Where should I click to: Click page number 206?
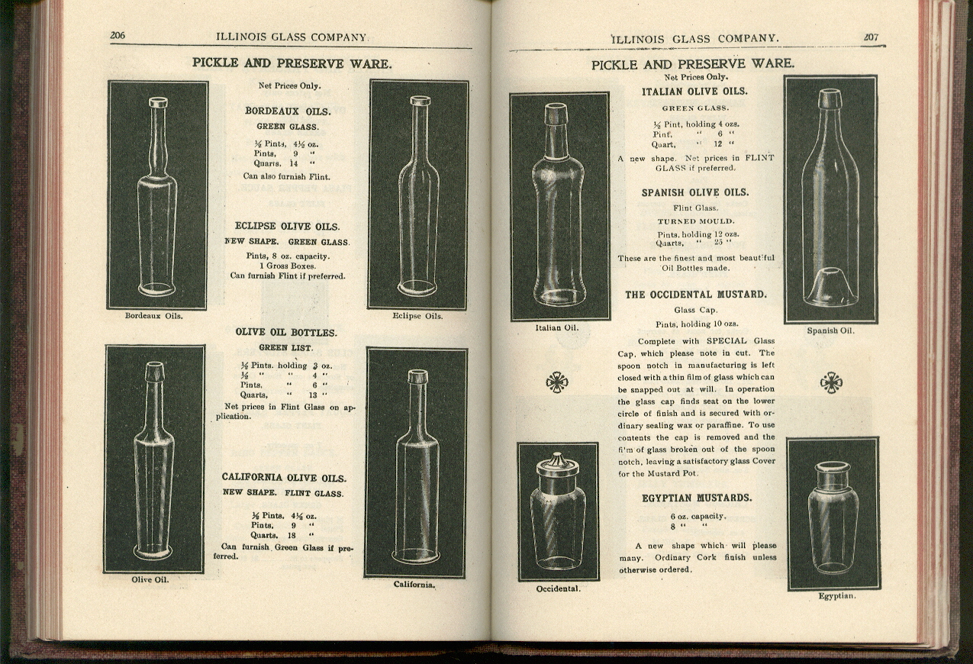(x=118, y=35)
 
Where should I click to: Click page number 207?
(x=871, y=37)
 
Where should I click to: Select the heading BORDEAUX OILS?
(x=288, y=111)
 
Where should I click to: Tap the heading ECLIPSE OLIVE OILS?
(x=288, y=226)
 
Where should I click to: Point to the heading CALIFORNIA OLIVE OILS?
(x=284, y=477)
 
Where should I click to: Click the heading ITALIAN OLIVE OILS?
(x=694, y=92)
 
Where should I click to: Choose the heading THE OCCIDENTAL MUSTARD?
(x=696, y=294)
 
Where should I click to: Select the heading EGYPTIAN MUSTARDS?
(x=697, y=498)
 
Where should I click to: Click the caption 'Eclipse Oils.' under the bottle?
(x=417, y=316)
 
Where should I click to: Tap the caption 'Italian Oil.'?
(x=557, y=328)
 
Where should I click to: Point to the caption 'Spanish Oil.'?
(x=830, y=330)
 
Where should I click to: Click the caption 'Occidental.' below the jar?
(x=558, y=588)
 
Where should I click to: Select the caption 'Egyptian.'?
(x=836, y=595)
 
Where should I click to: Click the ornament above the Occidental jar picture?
(x=557, y=382)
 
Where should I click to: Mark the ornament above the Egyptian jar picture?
(x=830, y=382)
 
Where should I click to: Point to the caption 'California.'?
(x=414, y=585)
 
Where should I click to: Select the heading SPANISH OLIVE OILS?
(x=694, y=192)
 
